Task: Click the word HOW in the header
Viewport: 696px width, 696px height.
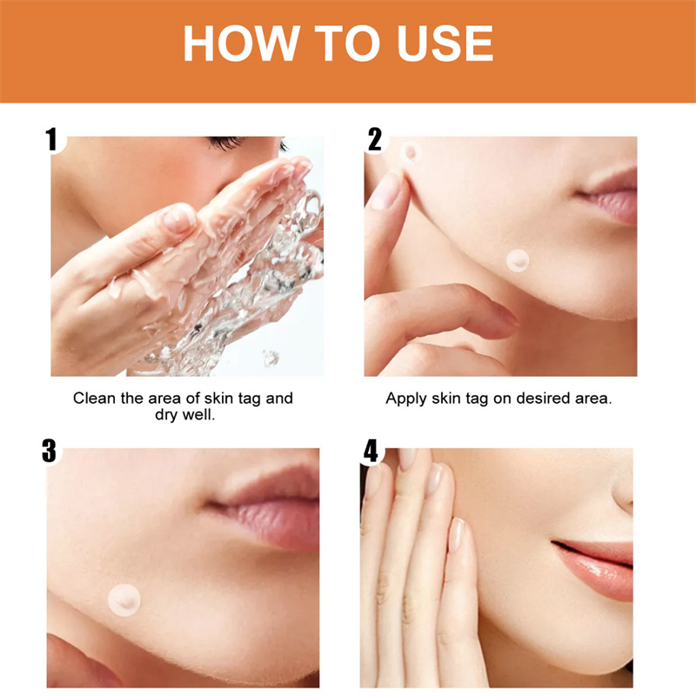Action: [x=240, y=43]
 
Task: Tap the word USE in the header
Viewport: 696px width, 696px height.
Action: [x=445, y=43]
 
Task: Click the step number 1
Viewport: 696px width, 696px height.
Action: [x=52, y=139]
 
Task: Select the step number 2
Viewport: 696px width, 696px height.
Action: [x=375, y=139]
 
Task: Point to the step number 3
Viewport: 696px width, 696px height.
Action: [x=50, y=451]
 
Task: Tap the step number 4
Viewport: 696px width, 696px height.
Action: [x=371, y=451]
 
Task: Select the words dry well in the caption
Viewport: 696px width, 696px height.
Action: [x=184, y=416]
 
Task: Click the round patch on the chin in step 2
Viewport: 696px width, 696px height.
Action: [x=518, y=260]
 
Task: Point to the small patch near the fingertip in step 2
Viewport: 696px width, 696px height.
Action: [x=411, y=152]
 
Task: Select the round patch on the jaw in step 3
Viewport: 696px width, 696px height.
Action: [x=124, y=600]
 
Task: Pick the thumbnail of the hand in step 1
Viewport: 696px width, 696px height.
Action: [x=179, y=219]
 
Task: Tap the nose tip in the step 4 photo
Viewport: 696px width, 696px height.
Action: [x=624, y=492]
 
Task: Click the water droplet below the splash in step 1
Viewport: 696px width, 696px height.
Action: [x=271, y=358]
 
